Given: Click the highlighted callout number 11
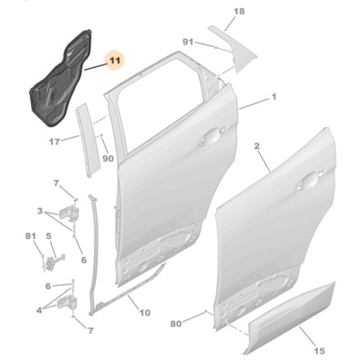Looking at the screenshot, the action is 114,60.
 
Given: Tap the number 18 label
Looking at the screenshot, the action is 239,12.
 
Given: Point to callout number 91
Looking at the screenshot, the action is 188,42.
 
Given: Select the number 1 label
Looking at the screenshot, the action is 274,96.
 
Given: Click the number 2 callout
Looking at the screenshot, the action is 257,146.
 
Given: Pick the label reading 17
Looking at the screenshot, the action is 54,142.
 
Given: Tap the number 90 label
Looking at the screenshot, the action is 108,158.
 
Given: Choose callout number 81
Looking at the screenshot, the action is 30,236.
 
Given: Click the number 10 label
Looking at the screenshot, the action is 145,312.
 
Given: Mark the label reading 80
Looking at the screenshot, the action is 176,323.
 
